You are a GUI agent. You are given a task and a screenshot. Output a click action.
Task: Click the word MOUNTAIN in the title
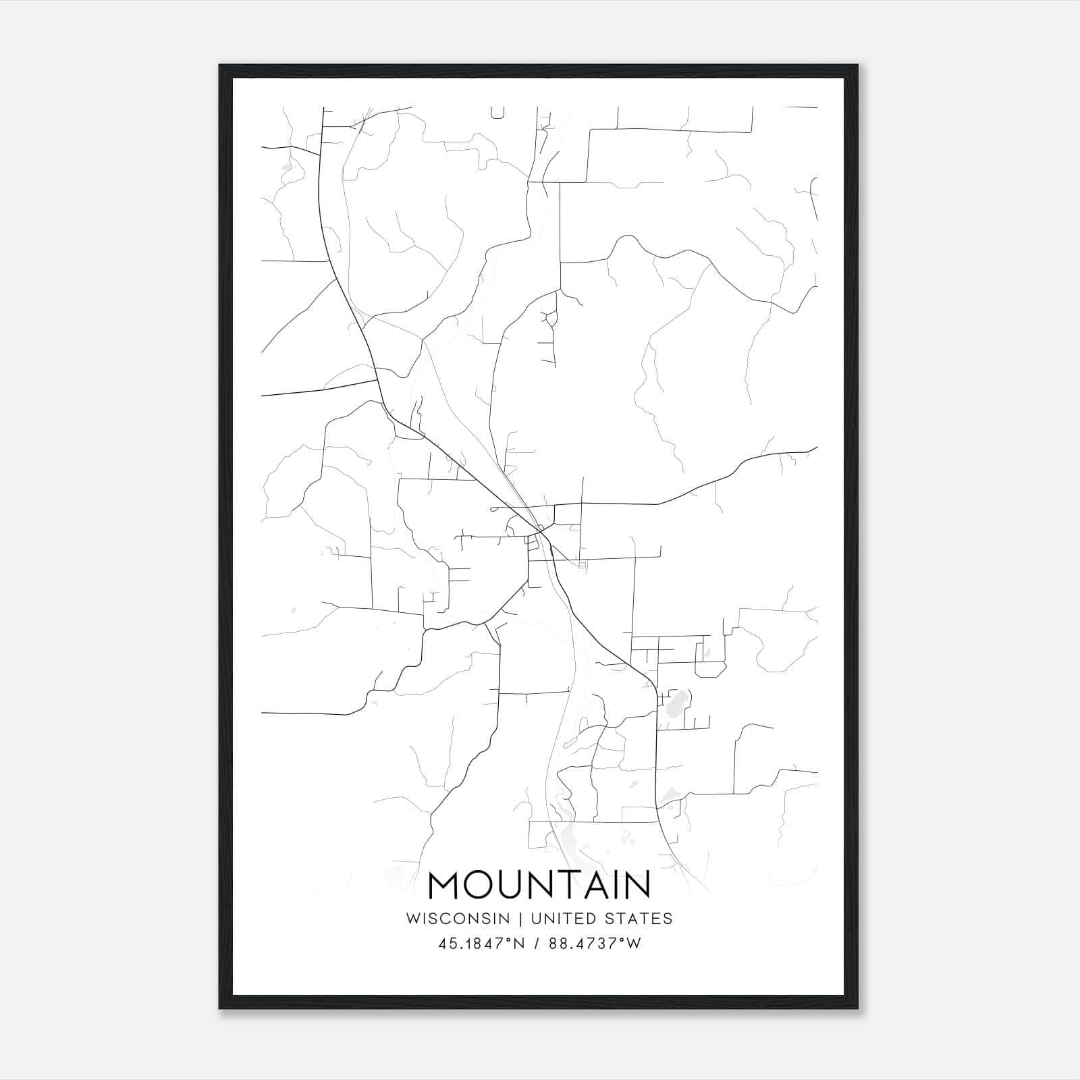[539, 885]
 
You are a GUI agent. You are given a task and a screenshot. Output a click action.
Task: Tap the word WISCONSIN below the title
[462, 919]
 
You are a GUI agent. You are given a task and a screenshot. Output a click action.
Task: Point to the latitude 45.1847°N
[481, 944]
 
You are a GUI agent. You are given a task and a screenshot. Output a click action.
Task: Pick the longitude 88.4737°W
[595, 944]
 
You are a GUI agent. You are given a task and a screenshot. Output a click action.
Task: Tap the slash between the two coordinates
[537, 944]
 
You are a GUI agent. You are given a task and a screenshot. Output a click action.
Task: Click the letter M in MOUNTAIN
[446, 885]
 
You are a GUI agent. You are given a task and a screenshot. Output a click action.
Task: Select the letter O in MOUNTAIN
[484, 885]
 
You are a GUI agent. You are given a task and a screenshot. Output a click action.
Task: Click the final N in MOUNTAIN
[637, 885]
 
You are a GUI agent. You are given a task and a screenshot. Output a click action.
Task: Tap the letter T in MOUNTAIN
[566, 885]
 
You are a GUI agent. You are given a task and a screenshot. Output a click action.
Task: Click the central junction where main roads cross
[540, 533]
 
